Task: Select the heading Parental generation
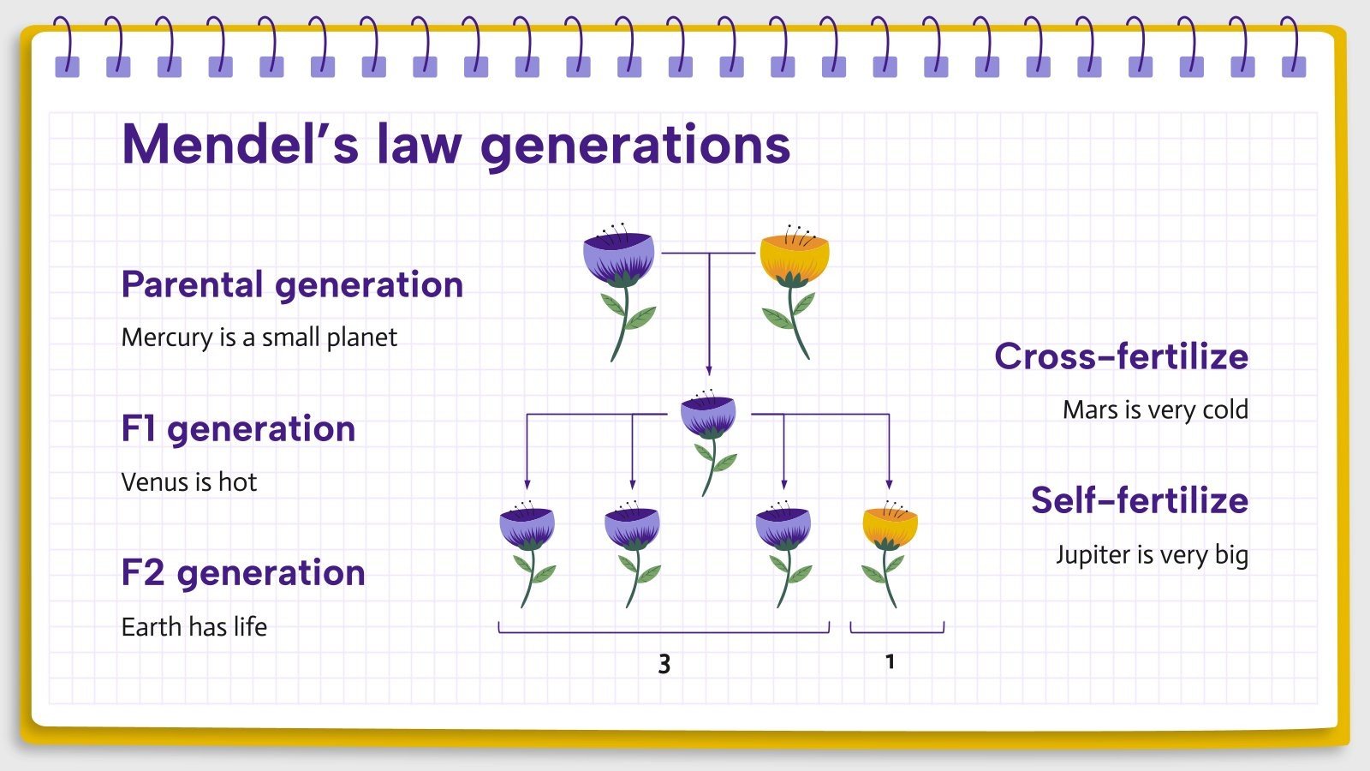pyautogui.click(x=292, y=284)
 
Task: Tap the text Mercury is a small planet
pyautogui.click(x=259, y=338)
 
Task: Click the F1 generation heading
pyautogui.click(x=238, y=428)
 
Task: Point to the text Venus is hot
pyautogui.click(x=188, y=482)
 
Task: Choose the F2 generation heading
pyautogui.click(x=243, y=572)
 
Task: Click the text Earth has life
pyautogui.click(x=194, y=627)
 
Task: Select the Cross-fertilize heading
pyautogui.click(x=1121, y=356)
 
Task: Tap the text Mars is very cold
pyautogui.click(x=1155, y=410)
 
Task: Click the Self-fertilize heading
pyautogui.click(x=1139, y=500)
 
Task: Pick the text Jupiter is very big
pyautogui.click(x=1152, y=555)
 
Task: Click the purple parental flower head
pyautogui.click(x=618, y=257)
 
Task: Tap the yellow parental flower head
pyautogui.click(x=795, y=257)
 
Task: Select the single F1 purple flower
pyautogui.click(x=708, y=420)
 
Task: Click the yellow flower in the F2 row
pyautogui.click(x=890, y=529)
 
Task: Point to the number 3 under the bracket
pyautogui.click(x=664, y=664)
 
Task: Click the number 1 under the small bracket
pyautogui.click(x=890, y=662)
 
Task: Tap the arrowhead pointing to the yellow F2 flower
pyautogui.click(x=889, y=484)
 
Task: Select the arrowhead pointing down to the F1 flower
pyautogui.click(x=708, y=370)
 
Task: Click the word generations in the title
pyautogui.click(x=635, y=144)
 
